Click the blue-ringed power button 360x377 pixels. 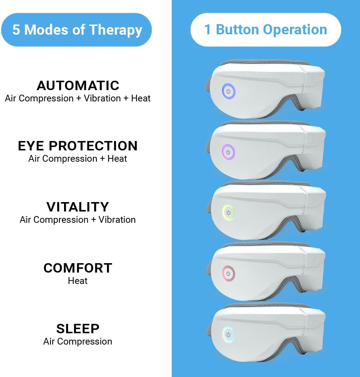pyautogui.click(x=229, y=91)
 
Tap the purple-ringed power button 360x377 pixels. pyautogui.click(x=228, y=152)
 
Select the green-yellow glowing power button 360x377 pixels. pyautogui.click(x=229, y=213)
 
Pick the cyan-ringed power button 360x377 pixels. pyautogui.click(x=229, y=334)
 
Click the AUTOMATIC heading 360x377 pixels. pyautogui.click(x=78, y=85)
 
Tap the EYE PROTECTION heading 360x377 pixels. pyautogui.click(x=78, y=146)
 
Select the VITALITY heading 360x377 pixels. pyautogui.click(x=78, y=207)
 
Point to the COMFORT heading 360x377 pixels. pyautogui.click(x=78, y=268)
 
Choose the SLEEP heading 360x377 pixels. pyautogui.click(x=78, y=329)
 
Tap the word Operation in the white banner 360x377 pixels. pyautogui.click(x=295, y=30)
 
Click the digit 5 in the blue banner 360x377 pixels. pyautogui.click(x=16, y=29)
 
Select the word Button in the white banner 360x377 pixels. pyautogui.click(x=237, y=29)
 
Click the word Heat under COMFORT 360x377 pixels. pyautogui.click(x=78, y=280)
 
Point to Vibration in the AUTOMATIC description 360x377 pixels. pyautogui.click(x=102, y=98)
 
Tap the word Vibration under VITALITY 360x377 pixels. pyautogui.click(x=117, y=219)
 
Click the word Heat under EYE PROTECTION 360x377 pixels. pyautogui.click(x=117, y=158)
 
